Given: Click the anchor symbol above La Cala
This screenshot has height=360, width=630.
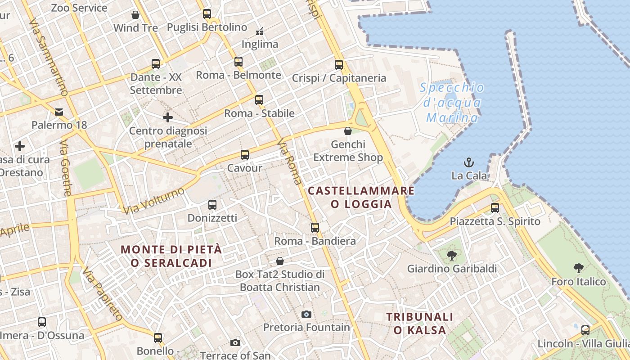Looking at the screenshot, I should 469,162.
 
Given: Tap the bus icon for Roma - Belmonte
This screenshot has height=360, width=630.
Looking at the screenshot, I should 238,62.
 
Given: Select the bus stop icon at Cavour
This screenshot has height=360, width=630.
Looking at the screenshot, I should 245,155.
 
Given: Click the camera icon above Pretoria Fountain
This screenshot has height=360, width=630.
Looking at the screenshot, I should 306,314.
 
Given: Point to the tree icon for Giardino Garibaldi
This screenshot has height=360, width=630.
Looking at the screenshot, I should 451,256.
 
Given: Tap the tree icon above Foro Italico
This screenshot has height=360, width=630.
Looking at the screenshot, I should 579,269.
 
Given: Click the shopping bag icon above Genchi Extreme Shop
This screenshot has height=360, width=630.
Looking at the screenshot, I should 348,131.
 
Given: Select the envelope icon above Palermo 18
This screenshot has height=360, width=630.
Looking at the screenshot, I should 59,112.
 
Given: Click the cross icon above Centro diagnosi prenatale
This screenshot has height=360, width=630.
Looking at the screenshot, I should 168,117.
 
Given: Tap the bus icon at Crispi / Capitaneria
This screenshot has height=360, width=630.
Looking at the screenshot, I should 339,65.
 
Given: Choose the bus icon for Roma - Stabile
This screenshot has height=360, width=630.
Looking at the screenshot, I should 259,100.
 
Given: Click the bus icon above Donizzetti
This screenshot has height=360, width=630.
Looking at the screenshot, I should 212,205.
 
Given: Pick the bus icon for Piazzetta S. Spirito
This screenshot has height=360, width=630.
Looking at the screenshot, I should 495,208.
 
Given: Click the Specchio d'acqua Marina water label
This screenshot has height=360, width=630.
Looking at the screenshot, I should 452,103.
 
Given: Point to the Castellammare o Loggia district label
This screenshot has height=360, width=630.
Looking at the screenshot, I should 361,197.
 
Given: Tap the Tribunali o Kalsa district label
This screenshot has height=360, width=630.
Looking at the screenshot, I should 420,323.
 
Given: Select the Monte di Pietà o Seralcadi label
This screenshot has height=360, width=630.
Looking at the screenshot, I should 171,256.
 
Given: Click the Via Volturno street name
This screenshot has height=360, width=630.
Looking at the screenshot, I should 153,201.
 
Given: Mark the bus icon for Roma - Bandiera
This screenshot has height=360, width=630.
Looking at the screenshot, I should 315,228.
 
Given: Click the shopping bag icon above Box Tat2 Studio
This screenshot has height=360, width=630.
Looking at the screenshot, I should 280,261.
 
